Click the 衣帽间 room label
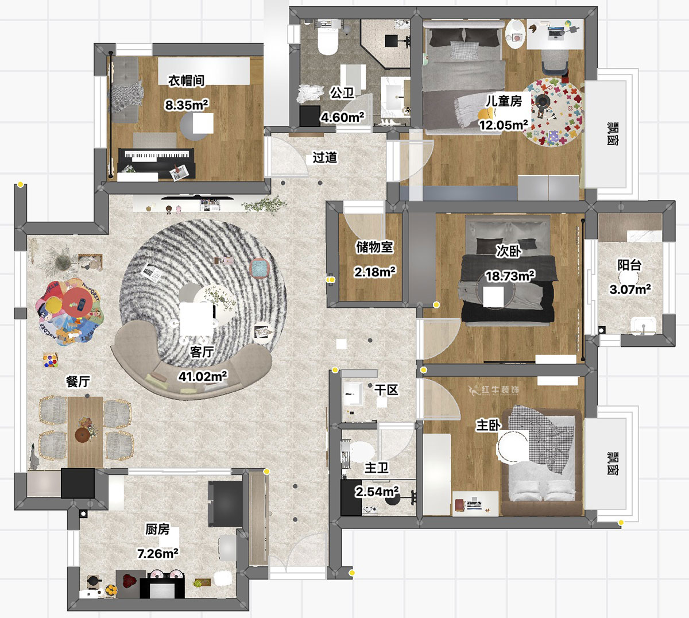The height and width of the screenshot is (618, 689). pos(187,81)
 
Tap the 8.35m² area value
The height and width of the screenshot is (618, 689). pos(187,105)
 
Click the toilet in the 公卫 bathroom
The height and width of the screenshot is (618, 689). pos(327,40)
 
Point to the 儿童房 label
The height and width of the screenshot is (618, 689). pos(504,101)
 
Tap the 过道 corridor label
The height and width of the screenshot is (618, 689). pos(325,157)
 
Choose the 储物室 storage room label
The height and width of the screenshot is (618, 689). pos(374,247)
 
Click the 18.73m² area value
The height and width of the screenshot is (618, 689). pos(510,276)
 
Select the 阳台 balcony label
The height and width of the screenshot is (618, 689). pos(629,265)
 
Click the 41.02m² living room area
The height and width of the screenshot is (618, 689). pos(203,376)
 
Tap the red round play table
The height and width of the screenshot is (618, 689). pos(78,302)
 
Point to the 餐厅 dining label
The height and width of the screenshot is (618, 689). pos(78,381)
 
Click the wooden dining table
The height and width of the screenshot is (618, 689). pos(85,431)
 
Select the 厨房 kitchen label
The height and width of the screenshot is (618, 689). pos(157,529)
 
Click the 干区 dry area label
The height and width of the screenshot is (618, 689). pos(386,389)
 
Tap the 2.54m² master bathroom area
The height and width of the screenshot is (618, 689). pos(377,492)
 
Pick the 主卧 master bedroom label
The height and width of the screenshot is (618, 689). pos(489,425)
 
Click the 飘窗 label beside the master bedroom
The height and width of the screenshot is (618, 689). pos(613,463)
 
